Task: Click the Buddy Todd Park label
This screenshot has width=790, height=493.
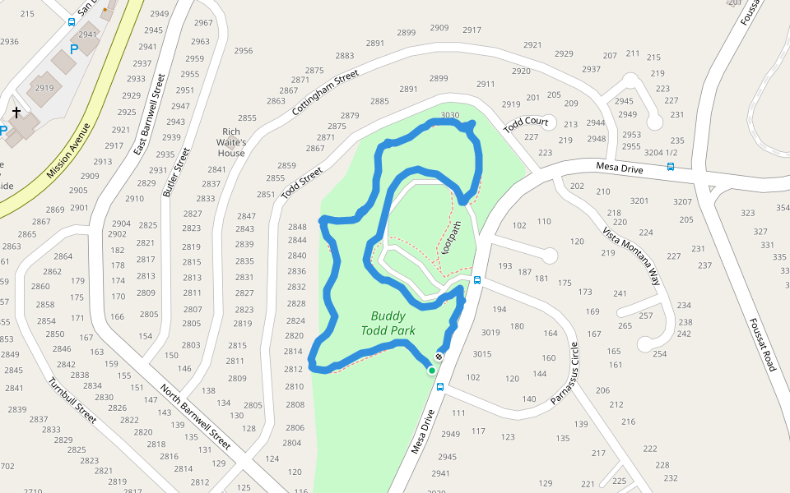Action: tap(388, 323)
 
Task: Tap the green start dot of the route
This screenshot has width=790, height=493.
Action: tap(431, 371)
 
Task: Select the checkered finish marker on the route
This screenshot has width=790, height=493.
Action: tap(439, 357)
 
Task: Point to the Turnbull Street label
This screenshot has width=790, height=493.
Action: tap(72, 401)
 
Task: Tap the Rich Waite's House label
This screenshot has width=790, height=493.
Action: tap(231, 142)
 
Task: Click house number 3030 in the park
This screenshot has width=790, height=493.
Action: tap(450, 116)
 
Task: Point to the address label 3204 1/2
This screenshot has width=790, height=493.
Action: tap(660, 153)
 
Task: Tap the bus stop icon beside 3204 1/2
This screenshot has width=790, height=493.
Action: tap(671, 167)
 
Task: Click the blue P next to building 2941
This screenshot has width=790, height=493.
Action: tap(73, 48)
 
